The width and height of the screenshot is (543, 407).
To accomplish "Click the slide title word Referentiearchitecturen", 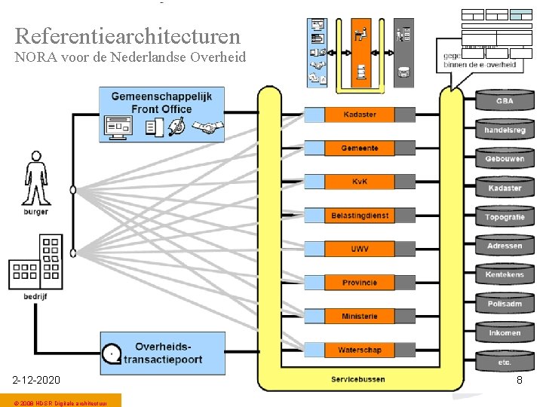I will [x=127, y=35].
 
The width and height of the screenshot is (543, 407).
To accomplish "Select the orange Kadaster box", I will [x=359, y=115].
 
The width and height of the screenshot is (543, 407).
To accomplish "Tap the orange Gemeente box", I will [x=359, y=148].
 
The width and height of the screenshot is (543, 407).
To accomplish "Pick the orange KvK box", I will [x=359, y=182].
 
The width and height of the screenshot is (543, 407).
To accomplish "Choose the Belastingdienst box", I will [x=359, y=216].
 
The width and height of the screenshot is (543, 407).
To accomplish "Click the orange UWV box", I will [x=359, y=249].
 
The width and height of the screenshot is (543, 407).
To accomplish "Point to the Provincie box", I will [x=359, y=283].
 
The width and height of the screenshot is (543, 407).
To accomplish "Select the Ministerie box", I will [x=359, y=317].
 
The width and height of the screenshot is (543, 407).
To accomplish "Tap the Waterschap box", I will [x=359, y=350].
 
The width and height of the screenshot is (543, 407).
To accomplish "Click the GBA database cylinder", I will [x=505, y=102].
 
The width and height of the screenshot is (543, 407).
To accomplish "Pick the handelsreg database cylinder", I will [x=505, y=130].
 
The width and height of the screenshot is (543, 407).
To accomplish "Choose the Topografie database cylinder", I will [x=505, y=217].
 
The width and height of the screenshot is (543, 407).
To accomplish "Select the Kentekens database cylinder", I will [x=505, y=275].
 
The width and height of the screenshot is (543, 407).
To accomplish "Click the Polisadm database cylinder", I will [x=505, y=304].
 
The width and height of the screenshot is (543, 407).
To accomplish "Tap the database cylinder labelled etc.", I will [x=505, y=362].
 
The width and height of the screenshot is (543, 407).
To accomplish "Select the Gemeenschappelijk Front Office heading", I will [x=161, y=103].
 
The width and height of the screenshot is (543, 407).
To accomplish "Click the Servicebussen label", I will [x=358, y=379].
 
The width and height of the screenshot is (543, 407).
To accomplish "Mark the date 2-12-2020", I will [x=36, y=380].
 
